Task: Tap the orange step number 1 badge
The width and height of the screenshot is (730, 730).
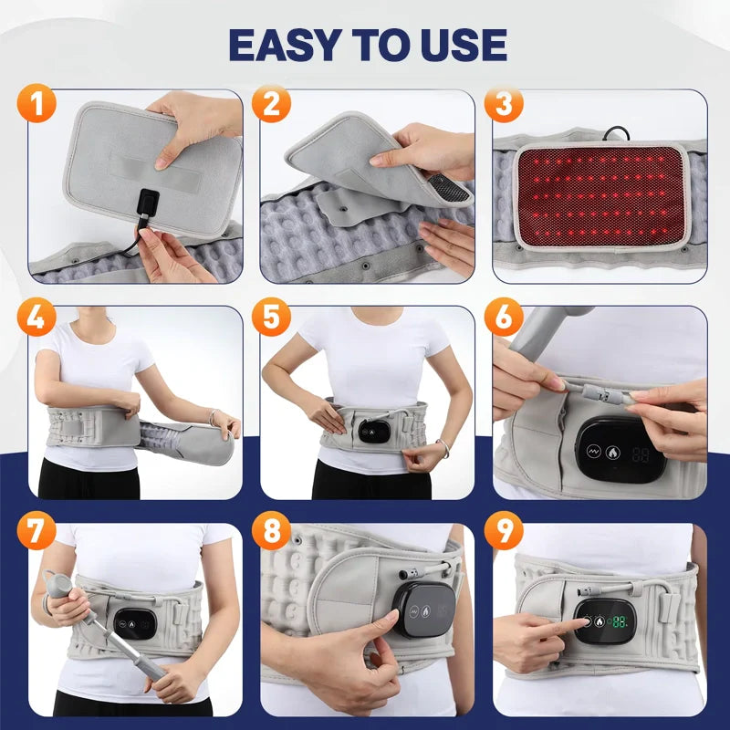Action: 36,103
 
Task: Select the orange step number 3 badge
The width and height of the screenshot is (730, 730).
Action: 504,103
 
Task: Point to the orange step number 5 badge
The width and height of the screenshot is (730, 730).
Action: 271,317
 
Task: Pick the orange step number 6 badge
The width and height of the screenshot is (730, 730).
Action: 504,317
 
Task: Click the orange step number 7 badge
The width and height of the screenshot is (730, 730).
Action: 36,530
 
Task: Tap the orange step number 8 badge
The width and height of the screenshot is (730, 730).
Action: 271,530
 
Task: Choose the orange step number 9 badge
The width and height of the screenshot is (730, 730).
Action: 504,530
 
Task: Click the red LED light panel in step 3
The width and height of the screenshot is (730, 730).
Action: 601,197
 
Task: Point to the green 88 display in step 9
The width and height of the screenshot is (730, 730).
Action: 620,621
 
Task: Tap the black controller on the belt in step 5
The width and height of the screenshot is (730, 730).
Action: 374,432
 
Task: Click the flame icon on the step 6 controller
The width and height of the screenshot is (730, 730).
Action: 612,452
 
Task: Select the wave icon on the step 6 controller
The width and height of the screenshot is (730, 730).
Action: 594,451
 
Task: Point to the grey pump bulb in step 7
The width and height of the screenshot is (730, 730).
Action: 58,585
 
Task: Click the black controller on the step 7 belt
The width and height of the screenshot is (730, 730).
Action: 134,624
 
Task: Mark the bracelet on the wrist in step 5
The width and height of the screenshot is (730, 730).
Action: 443,448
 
